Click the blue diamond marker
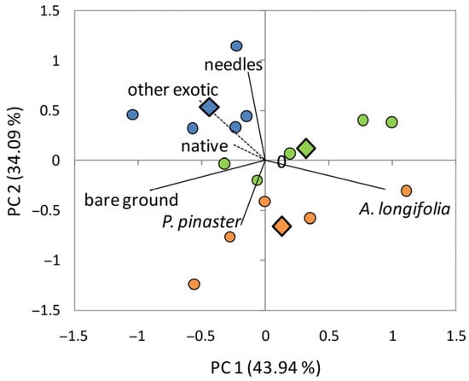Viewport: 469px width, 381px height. click(x=209, y=107)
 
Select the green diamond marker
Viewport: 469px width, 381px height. click(x=306, y=148)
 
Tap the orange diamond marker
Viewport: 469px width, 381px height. click(x=281, y=226)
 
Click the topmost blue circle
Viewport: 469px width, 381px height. click(x=236, y=46)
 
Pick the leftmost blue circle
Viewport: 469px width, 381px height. click(x=132, y=114)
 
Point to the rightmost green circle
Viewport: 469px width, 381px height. click(x=392, y=122)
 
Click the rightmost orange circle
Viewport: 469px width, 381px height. click(x=406, y=190)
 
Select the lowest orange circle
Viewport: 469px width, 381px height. click(x=194, y=284)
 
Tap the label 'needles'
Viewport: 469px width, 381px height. click(x=234, y=65)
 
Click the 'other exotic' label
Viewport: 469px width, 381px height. click(x=173, y=90)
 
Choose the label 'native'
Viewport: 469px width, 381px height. click(x=205, y=146)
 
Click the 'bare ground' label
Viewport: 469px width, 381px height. click(x=131, y=200)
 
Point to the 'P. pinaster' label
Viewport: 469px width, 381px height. click(x=201, y=222)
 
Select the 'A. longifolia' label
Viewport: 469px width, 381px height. click(x=405, y=209)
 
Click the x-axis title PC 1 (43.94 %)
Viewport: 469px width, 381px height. click(x=265, y=368)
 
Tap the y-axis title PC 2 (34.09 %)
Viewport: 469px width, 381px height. click(x=14, y=161)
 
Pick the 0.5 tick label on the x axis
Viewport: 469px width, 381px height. click(x=328, y=337)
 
